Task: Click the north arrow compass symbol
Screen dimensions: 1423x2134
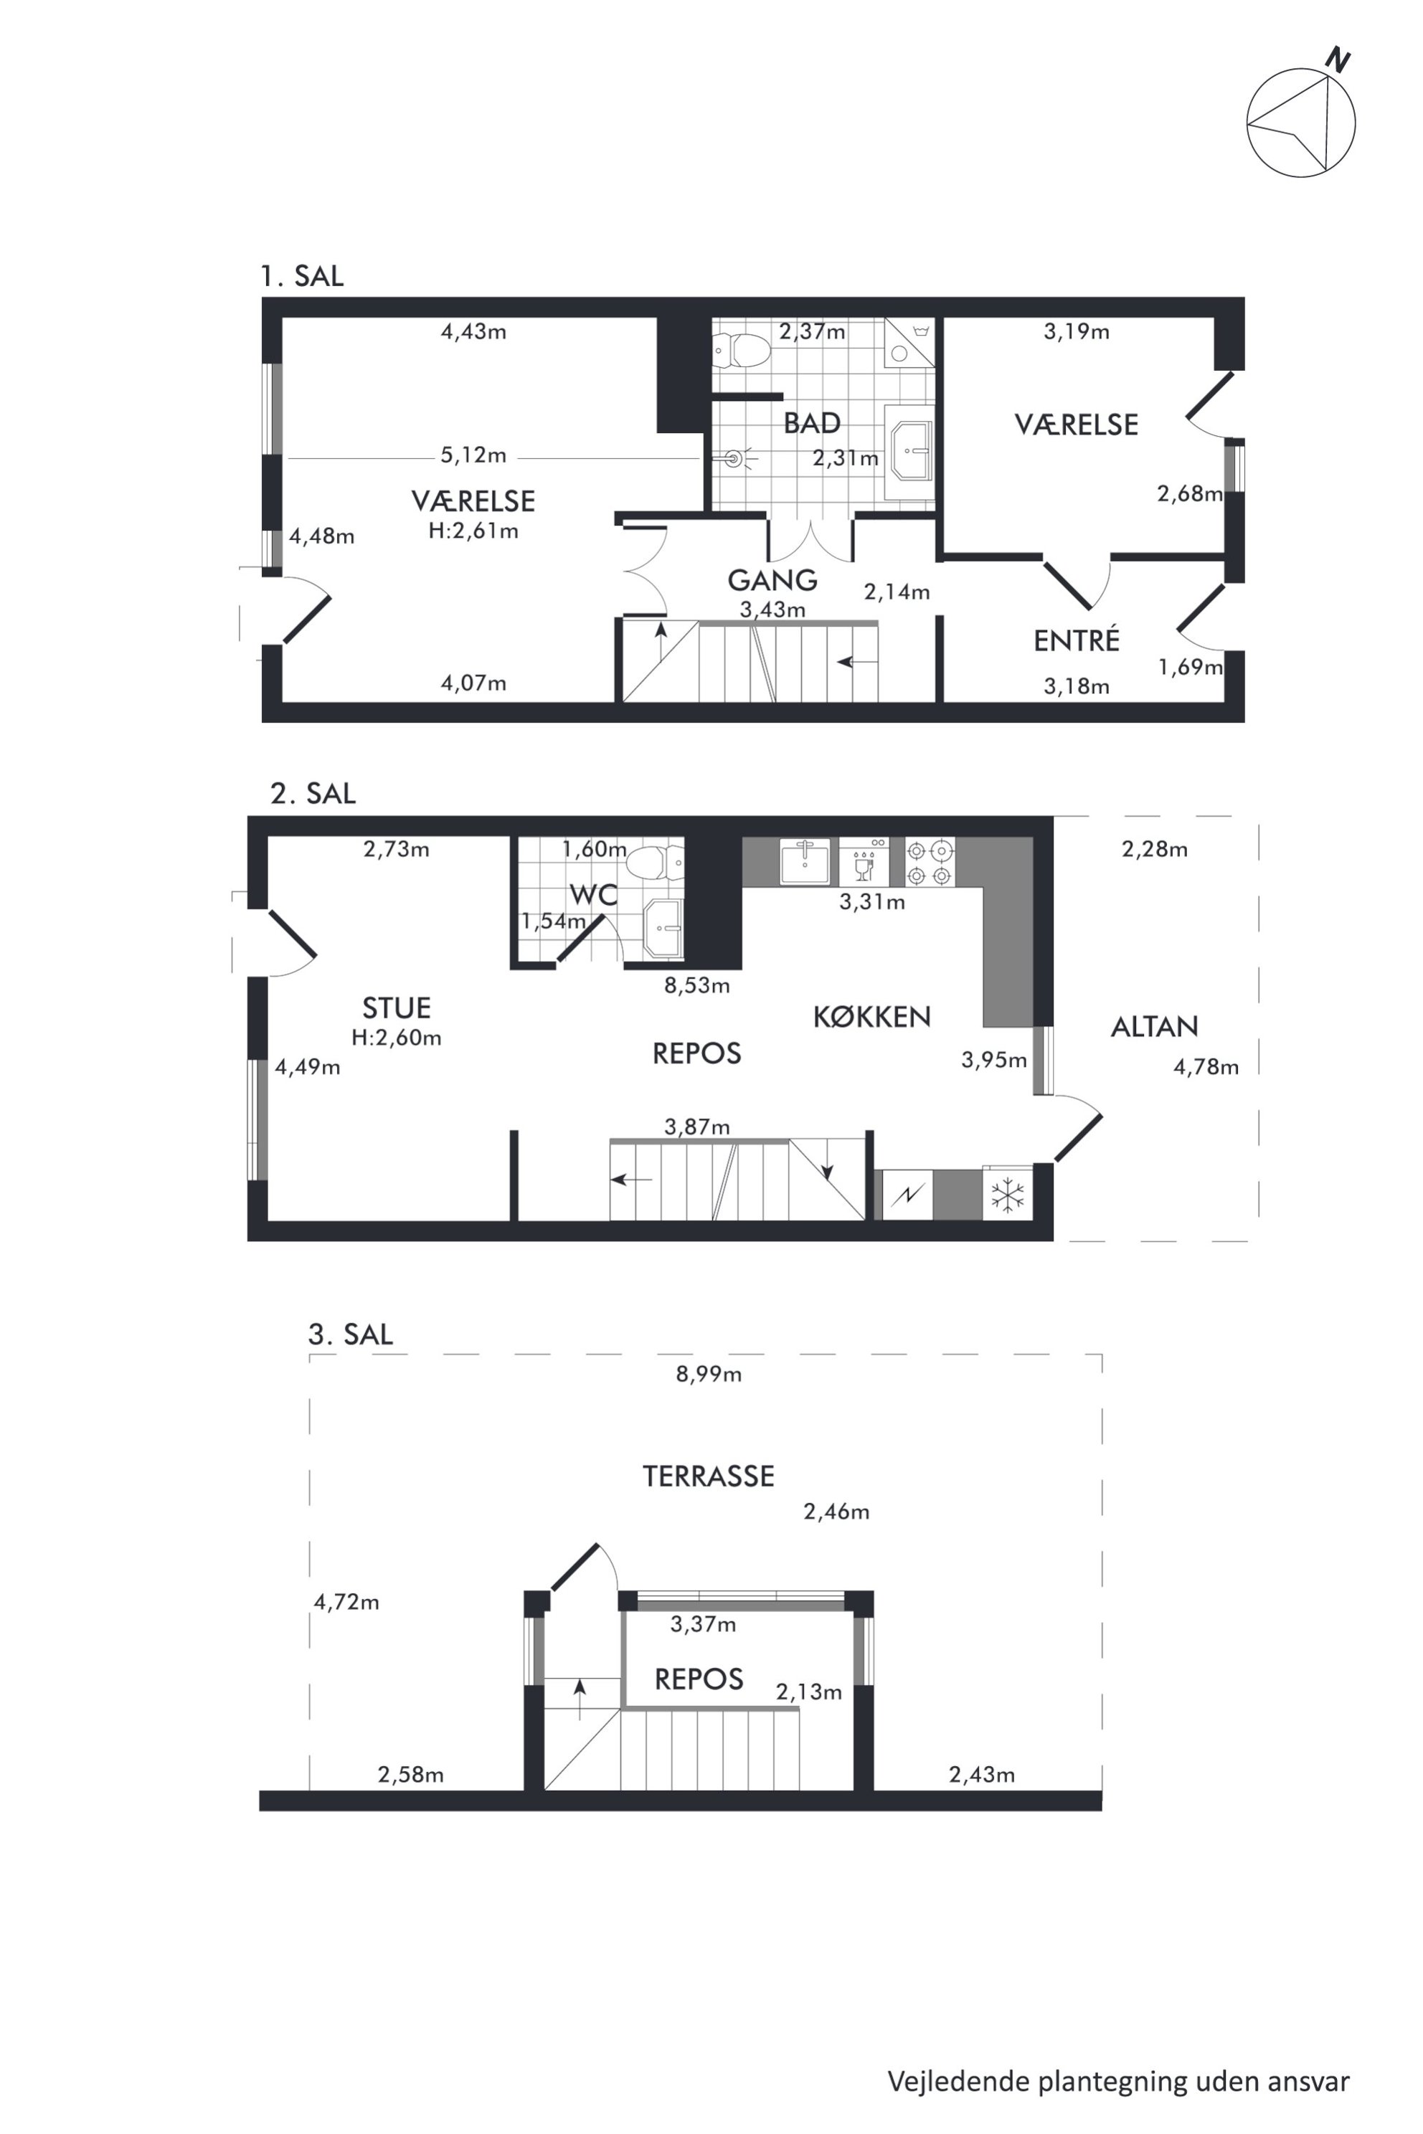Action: point(1300,120)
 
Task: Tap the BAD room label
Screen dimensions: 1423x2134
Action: point(811,423)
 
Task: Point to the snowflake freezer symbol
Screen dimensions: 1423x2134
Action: point(1007,1194)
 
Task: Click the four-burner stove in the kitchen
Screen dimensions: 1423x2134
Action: point(930,862)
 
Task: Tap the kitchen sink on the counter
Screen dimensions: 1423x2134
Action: point(805,861)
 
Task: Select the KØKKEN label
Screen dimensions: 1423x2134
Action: point(871,1017)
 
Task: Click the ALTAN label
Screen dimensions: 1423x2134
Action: point(1154,1026)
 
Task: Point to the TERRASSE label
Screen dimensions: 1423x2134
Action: point(708,1476)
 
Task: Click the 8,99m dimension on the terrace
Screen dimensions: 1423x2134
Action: point(708,1375)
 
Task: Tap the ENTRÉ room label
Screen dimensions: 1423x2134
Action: point(1077,640)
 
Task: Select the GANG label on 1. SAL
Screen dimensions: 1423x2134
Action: point(772,580)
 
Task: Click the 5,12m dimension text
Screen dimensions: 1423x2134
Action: point(473,455)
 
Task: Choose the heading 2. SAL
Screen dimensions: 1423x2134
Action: point(313,793)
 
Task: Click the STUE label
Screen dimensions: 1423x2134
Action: point(396,1008)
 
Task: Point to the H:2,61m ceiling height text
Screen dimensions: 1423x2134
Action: point(473,531)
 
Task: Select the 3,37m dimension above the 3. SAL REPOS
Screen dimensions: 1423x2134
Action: point(704,1624)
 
